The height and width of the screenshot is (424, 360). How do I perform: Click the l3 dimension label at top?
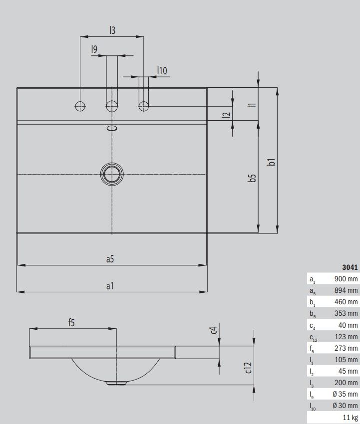[112, 30]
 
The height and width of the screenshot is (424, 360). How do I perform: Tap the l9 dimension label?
[94, 49]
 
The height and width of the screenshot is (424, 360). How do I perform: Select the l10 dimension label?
[162, 71]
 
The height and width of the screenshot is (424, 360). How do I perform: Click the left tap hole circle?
[80, 106]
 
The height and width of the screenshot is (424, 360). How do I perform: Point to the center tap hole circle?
[112, 106]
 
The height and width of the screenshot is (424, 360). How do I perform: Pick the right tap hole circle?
[144, 106]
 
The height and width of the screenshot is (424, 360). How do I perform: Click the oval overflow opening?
[112, 128]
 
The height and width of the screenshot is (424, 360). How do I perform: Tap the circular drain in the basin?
[112, 174]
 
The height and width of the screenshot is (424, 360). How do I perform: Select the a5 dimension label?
[110, 259]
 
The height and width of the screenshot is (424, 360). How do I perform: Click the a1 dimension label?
[110, 285]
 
